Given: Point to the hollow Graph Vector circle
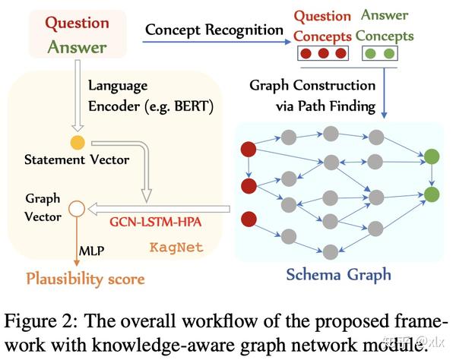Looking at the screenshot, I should point(75,207).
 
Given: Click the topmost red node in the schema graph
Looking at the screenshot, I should point(247,148).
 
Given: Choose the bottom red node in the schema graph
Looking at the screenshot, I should point(247,221).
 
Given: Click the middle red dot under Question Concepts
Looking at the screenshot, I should point(321,54).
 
